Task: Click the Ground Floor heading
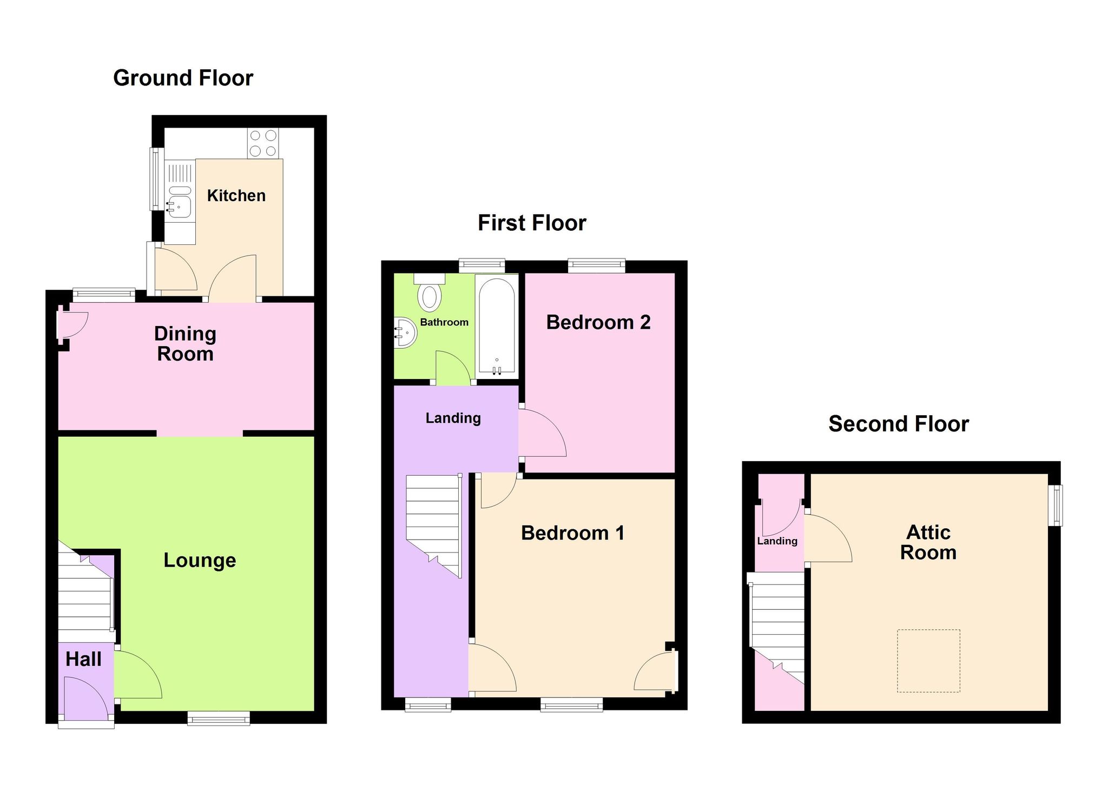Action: click(183, 78)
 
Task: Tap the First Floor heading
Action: click(532, 223)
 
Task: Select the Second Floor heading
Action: click(899, 424)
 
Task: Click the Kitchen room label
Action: click(236, 195)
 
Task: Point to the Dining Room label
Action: click(185, 344)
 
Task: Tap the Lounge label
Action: click(200, 561)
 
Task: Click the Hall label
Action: click(83, 659)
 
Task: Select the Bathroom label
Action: click(444, 322)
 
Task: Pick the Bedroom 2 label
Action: click(598, 322)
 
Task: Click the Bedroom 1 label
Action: click(573, 533)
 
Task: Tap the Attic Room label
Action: click(928, 542)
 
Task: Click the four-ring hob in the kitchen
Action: click(263, 143)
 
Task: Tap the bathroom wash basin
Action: click(405, 332)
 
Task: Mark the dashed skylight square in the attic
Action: click(928, 661)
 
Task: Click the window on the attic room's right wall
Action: click(1055, 505)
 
